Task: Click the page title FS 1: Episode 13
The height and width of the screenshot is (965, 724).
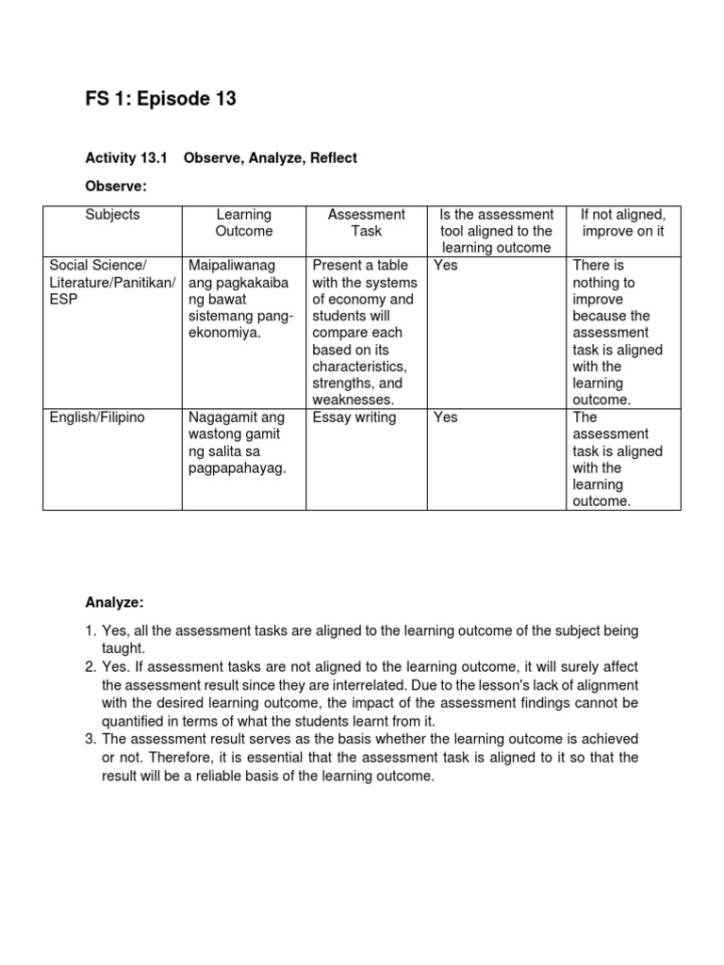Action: click(x=160, y=99)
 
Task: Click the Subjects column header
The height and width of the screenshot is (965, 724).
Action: click(x=112, y=215)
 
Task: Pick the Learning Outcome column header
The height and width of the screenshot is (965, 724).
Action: click(x=243, y=222)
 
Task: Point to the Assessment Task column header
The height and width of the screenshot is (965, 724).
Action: click(x=367, y=222)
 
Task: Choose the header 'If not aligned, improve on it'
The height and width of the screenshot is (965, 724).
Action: click(x=623, y=222)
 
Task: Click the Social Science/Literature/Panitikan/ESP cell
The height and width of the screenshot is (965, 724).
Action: click(x=112, y=282)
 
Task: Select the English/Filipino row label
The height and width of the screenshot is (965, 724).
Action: click(x=97, y=417)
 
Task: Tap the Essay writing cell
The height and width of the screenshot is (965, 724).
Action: click(x=354, y=417)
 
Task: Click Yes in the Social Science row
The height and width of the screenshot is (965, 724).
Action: click(x=446, y=266)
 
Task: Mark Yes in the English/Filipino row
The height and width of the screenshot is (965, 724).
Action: click(x=446, y=417)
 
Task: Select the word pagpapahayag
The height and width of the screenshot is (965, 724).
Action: click(x=237, y=468)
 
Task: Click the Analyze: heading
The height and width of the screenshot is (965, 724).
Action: click(x=115, y=601)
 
